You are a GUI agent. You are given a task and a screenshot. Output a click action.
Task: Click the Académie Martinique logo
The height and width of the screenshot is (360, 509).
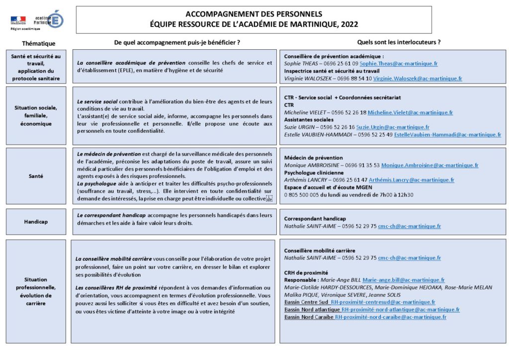tap(49, 20)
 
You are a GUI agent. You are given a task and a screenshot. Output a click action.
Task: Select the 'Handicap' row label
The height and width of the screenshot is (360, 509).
tap(36, 222)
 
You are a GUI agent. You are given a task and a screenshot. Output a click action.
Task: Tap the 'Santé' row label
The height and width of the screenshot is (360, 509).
tap(36, 176)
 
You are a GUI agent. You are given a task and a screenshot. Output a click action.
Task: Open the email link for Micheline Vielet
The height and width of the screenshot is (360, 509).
tap(411, 112)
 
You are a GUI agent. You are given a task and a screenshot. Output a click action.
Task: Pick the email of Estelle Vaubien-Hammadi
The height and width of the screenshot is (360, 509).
tap(447, 135)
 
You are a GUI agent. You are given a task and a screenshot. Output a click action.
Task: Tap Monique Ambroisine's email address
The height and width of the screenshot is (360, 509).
tap(429, 165)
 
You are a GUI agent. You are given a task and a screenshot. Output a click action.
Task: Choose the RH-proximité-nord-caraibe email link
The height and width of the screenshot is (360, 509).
tap(390, 317)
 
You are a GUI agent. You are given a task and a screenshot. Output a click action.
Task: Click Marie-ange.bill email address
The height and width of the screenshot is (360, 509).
tap(403, 280)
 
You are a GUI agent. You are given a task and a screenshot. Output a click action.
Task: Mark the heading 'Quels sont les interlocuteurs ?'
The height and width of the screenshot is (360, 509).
tap(399, 43)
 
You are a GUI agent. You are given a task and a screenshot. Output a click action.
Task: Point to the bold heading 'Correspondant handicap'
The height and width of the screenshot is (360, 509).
tap(315, 219)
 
